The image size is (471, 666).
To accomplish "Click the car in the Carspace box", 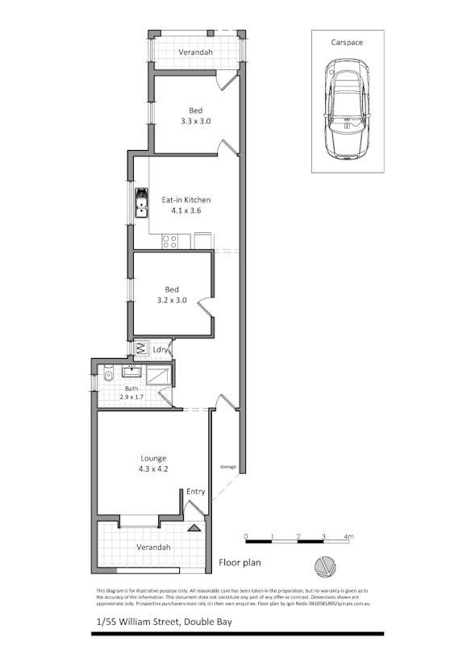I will (348, 113).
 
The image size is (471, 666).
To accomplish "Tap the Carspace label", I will (347, 42).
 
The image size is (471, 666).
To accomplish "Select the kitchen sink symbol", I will (141, 203).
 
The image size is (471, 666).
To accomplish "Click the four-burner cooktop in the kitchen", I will (170, 239).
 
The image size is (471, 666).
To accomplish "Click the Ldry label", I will (160, 350).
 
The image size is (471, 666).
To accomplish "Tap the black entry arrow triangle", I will (194, 529).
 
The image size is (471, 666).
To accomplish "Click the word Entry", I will (195, 492).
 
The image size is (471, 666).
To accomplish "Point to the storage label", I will (227, 467).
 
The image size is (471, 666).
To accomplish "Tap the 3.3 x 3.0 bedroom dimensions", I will (195, 122).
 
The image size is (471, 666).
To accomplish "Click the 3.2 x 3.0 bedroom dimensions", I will (171, 301).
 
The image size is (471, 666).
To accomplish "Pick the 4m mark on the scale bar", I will (348, 536).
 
